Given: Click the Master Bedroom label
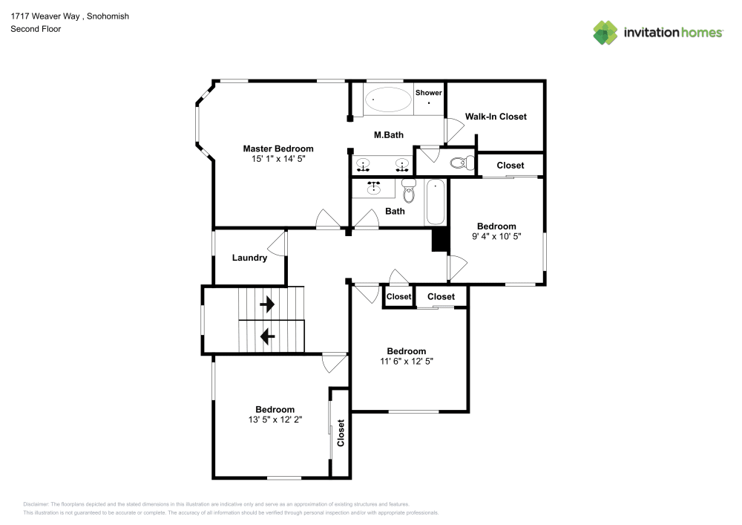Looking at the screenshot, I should (x=278, y=149).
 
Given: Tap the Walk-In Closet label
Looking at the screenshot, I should (x=496, y=117).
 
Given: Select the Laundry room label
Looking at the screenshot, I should (x=249, y=258).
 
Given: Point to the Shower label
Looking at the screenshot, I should (x=428, y=93).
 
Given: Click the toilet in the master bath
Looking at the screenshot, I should (x=462, y=163).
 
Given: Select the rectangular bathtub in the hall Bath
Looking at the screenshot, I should (x=435, y=202).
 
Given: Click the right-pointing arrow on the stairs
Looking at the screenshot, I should (x=267, y=304).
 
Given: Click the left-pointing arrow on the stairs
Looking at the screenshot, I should (x=267, y=336).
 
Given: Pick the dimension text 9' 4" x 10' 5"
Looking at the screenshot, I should (x=496, y=237).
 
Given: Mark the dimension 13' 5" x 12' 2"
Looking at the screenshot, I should (x=275, y=420).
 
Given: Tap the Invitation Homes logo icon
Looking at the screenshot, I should (x=605, y=32).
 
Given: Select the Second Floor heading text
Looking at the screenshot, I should (x=36, y=29).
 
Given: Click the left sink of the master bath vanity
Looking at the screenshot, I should (x=364, y=164).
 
